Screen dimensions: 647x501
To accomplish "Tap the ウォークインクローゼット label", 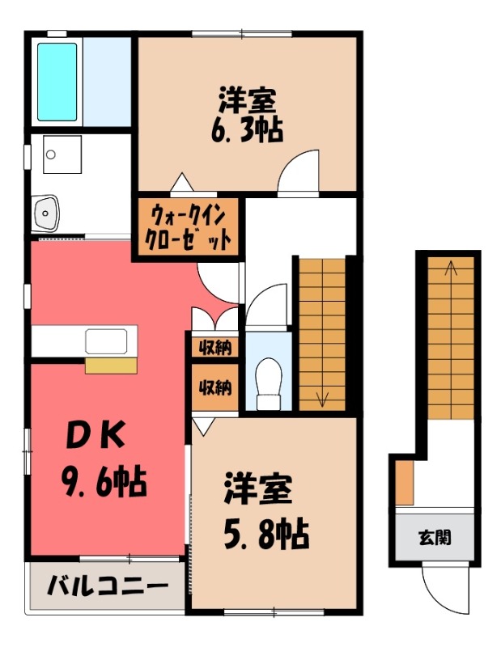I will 188,227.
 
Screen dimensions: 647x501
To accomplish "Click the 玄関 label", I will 435,536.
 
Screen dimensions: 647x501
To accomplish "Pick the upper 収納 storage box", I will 214,348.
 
